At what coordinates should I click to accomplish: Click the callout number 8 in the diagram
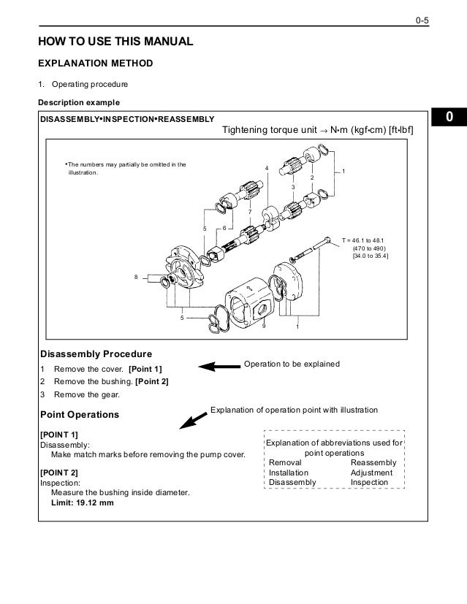[x=136, y=277]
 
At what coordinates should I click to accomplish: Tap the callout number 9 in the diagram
[x=264, y=326]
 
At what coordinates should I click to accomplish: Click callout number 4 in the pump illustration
[x=267, y=169]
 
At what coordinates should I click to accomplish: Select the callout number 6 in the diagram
[x=224, y=229]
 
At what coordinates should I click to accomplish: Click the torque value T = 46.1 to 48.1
[x=367, y=239]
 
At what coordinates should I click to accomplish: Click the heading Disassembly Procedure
[x=96, y=353]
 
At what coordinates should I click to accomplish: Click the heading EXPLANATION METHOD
[x=96, y=64]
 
